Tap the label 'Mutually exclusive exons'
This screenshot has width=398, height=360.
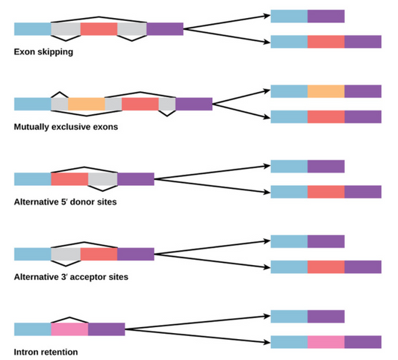tap(66, 127)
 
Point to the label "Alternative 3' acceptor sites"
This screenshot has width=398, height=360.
tap(71, 276)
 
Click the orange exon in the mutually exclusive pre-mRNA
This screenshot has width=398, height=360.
tap(87, 104)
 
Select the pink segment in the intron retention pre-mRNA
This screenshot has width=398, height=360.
tap(69, 329)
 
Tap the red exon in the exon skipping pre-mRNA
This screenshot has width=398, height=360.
tap(99, 29)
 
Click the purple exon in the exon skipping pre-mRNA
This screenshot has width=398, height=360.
tap(164, 29)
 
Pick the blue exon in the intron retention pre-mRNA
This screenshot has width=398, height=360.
tap(32, 329)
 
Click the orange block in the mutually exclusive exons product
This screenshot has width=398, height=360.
tap(326, 91)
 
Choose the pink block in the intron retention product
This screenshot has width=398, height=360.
tap(326, 341)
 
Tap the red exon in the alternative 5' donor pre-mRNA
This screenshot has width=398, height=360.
tap(69, 179)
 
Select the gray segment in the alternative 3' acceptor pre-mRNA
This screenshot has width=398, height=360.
tap(66, 254)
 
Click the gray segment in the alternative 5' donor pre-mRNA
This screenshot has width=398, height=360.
tap(102, 179)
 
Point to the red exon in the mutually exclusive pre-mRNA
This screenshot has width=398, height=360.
tap(140, 104)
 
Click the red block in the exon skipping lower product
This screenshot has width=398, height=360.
tap(326, 42)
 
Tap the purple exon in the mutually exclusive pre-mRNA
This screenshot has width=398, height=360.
tap(193, 104)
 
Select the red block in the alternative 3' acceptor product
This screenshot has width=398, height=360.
tap(326, 267)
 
